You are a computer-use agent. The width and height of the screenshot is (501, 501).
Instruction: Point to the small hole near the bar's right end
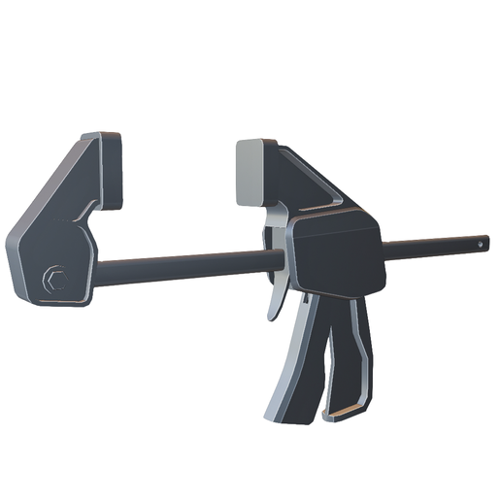tap(482, 241)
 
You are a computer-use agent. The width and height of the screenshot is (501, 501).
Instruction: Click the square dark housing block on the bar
tap(336, 256)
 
